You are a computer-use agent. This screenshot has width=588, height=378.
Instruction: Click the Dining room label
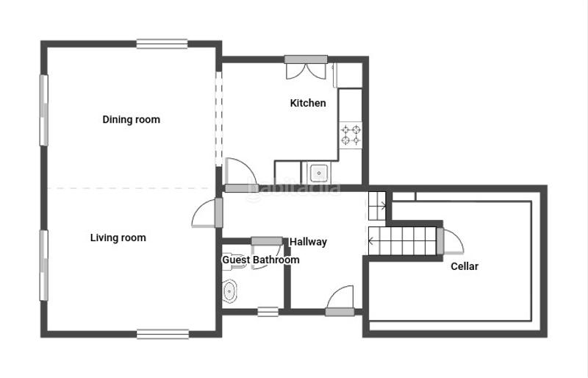(x=132, y=120)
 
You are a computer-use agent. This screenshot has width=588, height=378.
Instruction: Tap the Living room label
(x=118, y=238)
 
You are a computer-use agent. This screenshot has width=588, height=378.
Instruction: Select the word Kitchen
(x=308, y=103)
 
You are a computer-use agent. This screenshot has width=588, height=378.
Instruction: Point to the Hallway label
(x=308, y=242)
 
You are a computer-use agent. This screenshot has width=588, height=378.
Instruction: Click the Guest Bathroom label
(x=261, y=260)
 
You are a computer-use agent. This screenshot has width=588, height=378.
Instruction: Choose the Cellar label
(x=465, y=266)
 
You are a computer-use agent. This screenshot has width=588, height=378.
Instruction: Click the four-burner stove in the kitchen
(x=351, y=135)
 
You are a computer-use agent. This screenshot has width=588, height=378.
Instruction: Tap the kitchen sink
(x=319, y=173)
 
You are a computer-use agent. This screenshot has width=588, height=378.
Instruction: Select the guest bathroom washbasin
(x=229, y=291)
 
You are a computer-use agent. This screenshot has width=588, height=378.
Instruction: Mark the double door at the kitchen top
(x=306, y=68)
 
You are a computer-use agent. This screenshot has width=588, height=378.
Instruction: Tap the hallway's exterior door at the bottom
(x=340, y=301)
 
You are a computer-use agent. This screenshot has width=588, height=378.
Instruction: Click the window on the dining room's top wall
(x=162, y=44)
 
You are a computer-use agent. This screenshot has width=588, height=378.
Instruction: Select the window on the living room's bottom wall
(x=162, y=334)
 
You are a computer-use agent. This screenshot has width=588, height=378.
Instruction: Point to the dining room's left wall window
(x=44, y=110)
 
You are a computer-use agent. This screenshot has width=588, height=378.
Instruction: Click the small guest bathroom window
(x=268, y=312)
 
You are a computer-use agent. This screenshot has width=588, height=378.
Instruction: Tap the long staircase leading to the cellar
(x=402, y=241)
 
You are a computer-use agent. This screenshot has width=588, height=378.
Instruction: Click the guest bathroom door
(x=267, y=253)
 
